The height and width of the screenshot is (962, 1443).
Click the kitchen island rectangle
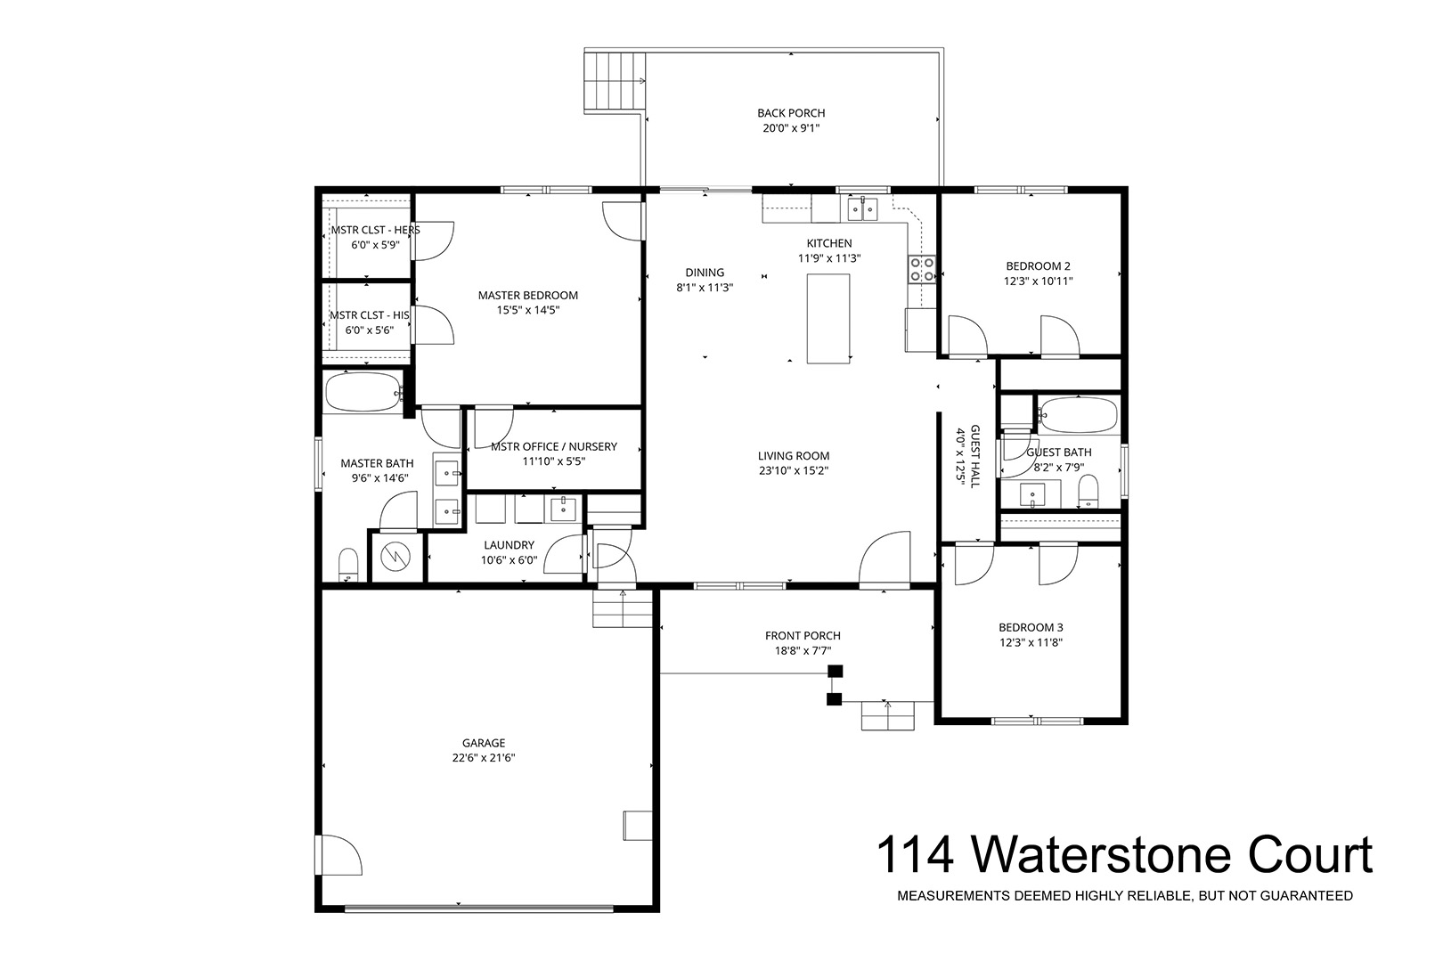point(827,318)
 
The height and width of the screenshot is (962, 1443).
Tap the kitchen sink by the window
point(862,208)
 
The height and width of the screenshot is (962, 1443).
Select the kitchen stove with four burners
point(921,269)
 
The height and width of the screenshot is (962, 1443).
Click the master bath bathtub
point(363,392)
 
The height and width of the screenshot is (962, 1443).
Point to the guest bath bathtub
point(1079,415)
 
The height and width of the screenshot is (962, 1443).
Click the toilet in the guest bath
point(1088,492)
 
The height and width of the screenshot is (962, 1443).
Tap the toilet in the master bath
point(348,565)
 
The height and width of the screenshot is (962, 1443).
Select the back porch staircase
point(615,83)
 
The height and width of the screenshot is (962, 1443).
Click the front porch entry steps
point(888,716)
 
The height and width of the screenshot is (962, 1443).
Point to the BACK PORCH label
point(791,113)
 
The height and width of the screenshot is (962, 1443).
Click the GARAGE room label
point(484,743)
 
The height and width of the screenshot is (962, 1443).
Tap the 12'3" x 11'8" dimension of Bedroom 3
point(1031,641)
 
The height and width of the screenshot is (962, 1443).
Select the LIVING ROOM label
point(794,455)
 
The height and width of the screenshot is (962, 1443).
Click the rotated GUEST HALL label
point(974,456)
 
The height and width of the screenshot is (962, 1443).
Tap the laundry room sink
point(564,509)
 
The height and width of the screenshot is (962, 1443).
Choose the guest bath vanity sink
point(1032,495)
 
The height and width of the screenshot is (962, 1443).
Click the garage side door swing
point(338,855)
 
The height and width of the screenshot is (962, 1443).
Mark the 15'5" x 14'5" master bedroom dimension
point(527,310)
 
